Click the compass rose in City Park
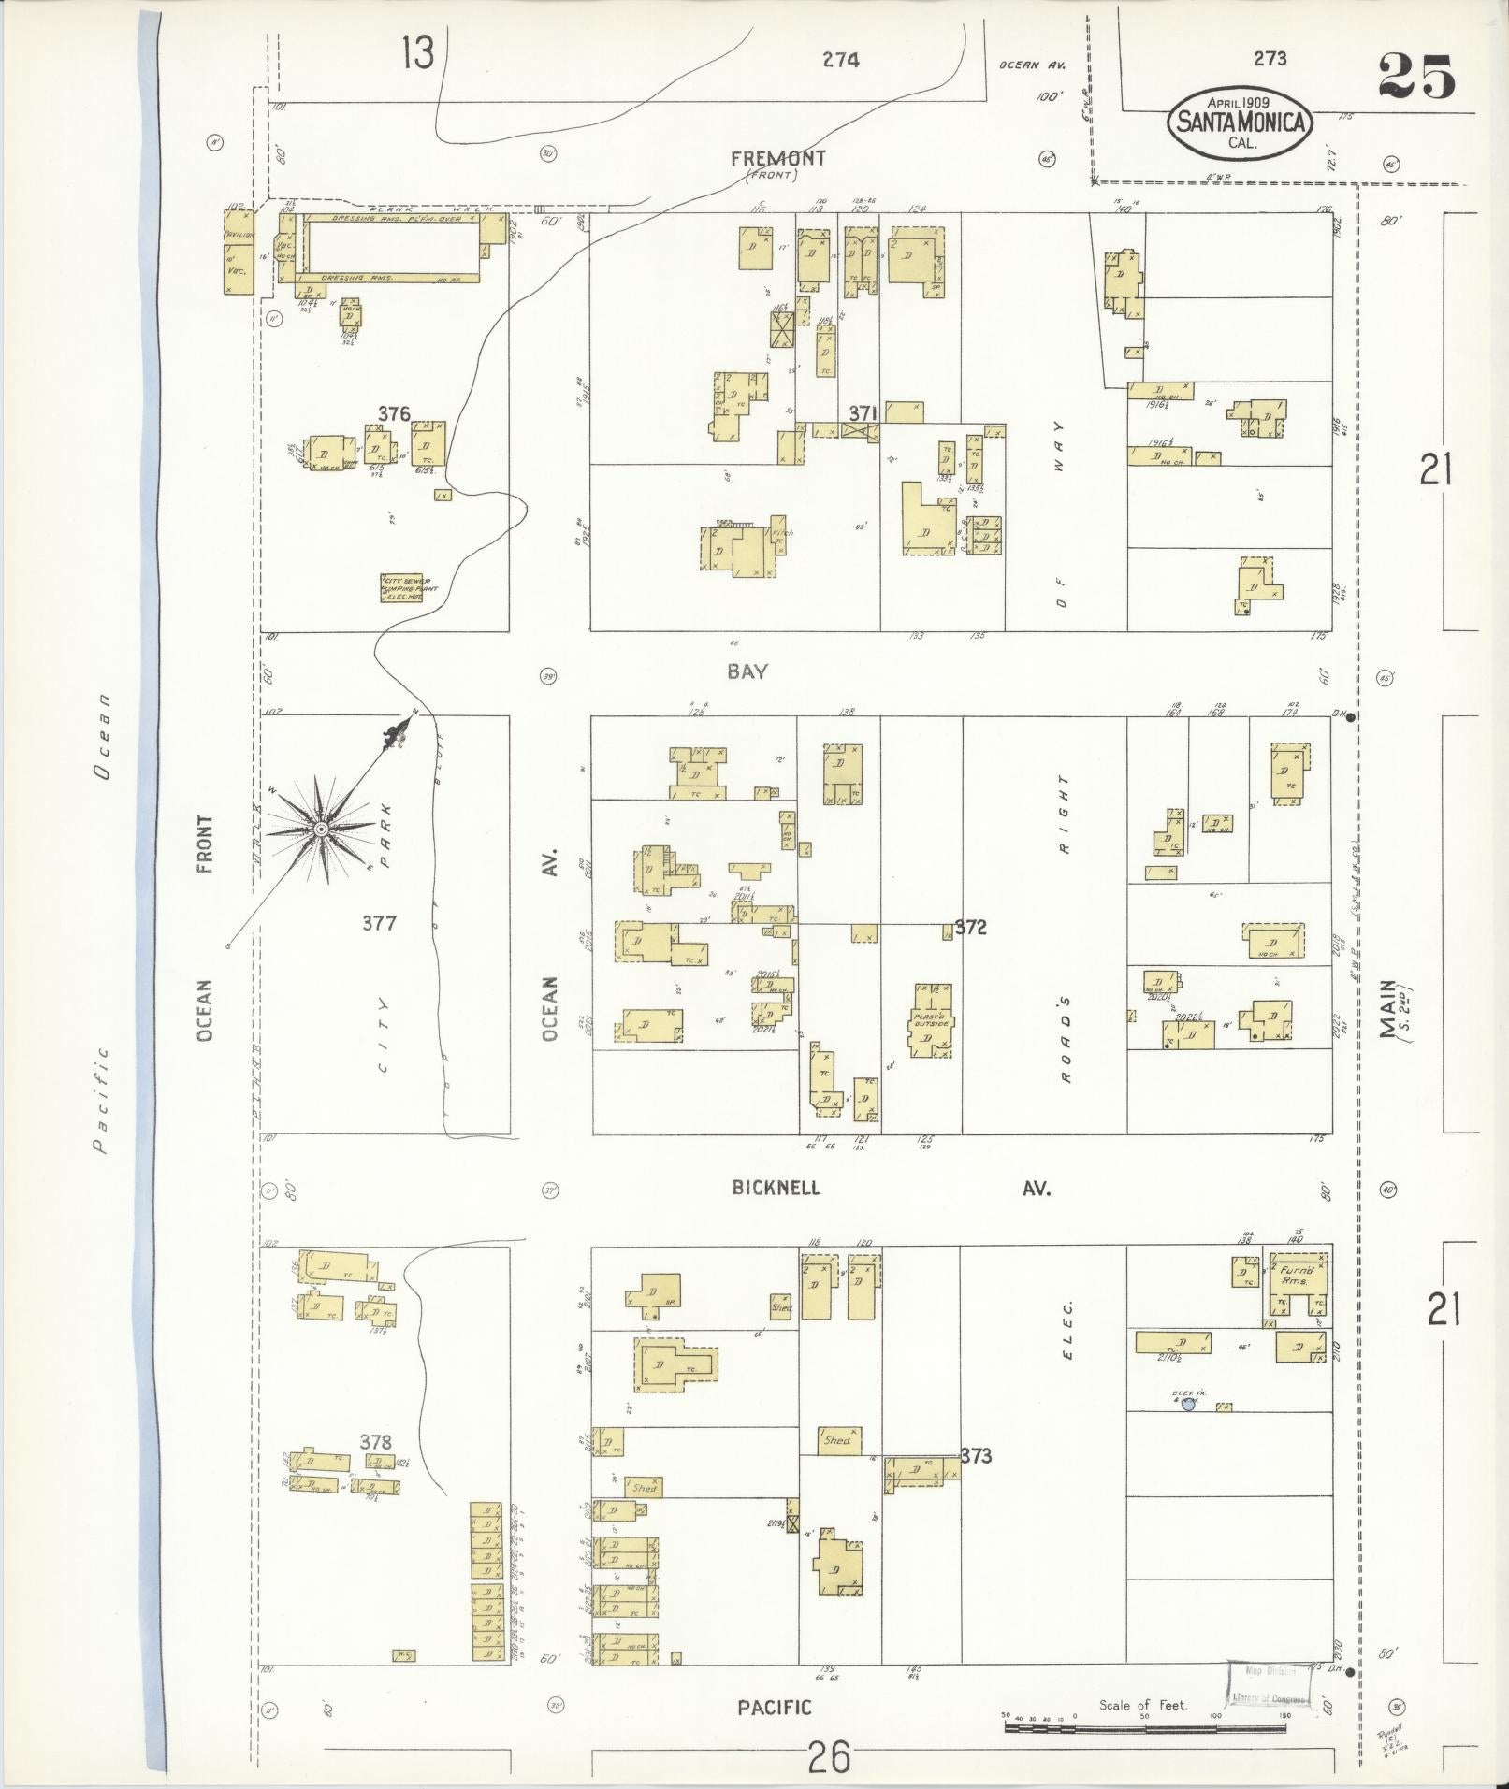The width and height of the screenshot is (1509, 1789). point(321,829)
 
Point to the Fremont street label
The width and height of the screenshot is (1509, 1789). point(778,158)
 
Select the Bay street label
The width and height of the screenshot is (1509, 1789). point(748,671)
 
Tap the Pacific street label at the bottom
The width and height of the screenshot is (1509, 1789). point(774,1708)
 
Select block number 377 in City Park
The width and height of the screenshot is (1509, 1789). point(379,923)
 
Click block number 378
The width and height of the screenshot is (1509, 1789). point(375,1441)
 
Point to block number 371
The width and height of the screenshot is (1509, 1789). point(863,412)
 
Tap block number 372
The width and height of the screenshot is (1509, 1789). point(970,928)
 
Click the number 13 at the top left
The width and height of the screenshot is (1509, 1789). point(418,52)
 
